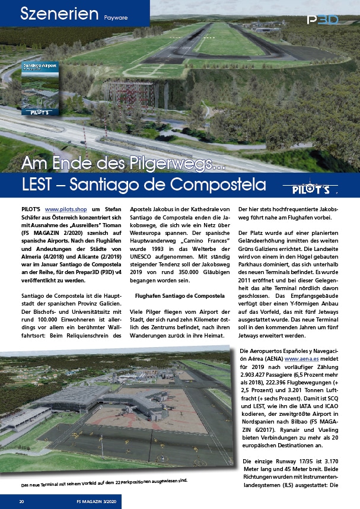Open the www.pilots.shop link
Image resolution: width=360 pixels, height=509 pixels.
66,209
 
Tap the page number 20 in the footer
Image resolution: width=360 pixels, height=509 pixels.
21,501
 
